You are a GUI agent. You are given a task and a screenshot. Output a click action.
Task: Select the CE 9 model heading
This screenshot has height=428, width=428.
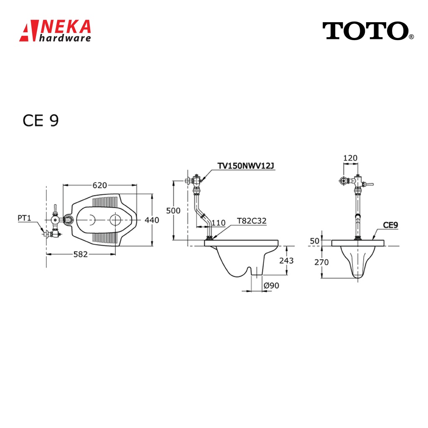pos(41,120)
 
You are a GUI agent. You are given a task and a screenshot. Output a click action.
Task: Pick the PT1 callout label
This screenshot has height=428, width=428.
pos(25,218)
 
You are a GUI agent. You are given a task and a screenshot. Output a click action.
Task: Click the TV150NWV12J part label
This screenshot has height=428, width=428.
pos(246,166)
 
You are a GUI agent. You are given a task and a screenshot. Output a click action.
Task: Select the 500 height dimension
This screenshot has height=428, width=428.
pos(173,211)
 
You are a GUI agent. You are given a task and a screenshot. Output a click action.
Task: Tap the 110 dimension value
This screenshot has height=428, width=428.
pos(218,222)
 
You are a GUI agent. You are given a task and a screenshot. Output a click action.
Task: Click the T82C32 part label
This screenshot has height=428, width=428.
pos(252,221)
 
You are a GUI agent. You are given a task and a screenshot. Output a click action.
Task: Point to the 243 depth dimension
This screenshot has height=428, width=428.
pos(286,260)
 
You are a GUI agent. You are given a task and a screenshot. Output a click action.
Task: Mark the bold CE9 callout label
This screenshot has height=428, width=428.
pos(390,225)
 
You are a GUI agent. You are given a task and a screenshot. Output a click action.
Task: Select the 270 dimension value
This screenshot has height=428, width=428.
pos(322,262)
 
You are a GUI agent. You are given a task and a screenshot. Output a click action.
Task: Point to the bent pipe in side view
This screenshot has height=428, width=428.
pos(199,213)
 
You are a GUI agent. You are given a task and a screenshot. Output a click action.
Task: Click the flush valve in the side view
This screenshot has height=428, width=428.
pos(194,181)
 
